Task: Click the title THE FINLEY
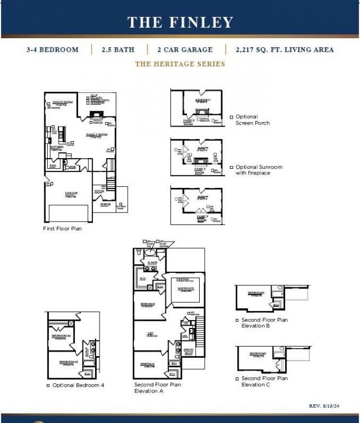[180, 22]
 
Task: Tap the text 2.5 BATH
[118, 49]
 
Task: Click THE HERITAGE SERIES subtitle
[180, 64]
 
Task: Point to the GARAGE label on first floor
[71, 193]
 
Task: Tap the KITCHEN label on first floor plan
[56, 147]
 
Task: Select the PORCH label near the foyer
[105, 204]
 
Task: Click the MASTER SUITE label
[186, 289]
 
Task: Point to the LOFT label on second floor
[151, 334]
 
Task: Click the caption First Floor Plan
[62, 229]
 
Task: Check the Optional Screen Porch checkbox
[231, 118]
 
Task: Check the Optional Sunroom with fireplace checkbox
[231, 168]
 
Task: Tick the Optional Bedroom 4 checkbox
[48, 385]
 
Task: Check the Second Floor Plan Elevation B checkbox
[237, 320]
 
